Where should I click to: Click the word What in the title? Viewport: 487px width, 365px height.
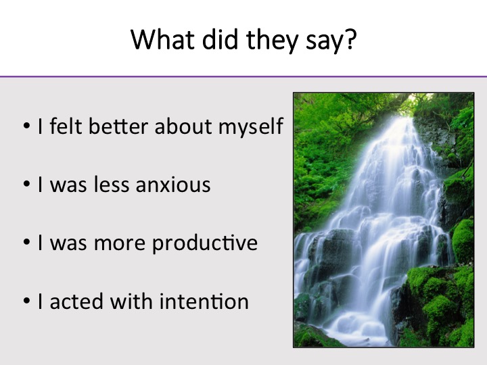tap(163, 39)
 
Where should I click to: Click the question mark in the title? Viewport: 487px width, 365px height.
tap(350, 39)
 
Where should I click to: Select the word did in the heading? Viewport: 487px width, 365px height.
tap(220, 39)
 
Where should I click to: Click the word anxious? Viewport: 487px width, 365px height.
tap(173, 185)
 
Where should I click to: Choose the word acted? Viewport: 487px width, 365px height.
tap(76, 301)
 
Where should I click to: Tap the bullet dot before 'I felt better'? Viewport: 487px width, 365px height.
tap(26, 126)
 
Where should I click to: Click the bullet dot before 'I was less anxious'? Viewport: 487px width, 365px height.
tap(26, 184)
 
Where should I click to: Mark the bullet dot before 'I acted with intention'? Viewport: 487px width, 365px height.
tap(26, 301)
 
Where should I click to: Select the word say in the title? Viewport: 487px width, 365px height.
tap(323, 43)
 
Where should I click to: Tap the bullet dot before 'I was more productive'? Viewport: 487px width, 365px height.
tap(26, 243)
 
